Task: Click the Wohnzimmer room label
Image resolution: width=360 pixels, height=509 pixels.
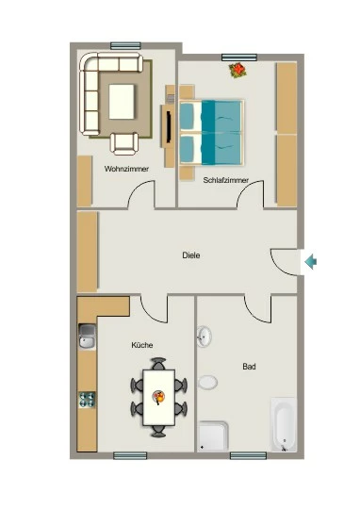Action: click(x=126, y=169)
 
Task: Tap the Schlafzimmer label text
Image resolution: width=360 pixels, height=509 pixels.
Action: click(x=226, y=180)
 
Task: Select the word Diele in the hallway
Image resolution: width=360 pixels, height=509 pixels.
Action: click(x=191, y=255)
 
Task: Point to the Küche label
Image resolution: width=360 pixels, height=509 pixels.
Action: click(x=142, y=345)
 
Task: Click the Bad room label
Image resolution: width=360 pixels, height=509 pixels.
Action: click(x=249, y=367)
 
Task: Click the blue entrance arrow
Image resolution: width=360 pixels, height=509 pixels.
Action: click(x=311, y=262)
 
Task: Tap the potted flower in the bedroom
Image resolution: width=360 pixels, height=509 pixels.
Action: click(x=237, y=70)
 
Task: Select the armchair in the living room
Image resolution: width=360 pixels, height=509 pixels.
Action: click(x=124, y=144)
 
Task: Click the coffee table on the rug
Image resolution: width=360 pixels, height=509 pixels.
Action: click(x=122, y=102)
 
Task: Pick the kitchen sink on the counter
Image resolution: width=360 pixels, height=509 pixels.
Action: click(x=88, y=337)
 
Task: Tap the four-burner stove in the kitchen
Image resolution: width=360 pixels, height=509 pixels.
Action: click(x=88, y=400)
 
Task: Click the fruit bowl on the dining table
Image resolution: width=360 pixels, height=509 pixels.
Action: click(x=159, y=398)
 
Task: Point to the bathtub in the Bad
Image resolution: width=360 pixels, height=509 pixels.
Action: click(x=284, y=424)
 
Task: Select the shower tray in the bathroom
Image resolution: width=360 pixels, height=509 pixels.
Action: click(x=213, y=436)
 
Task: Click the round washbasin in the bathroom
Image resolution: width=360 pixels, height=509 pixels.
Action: click(x=204, y=337)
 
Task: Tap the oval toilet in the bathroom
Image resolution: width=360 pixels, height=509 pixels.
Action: click(x=207, y=383)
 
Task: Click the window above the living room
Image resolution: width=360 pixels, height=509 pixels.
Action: click(x=125, y=46)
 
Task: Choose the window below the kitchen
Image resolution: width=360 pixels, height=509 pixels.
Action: click(x=130, y=456)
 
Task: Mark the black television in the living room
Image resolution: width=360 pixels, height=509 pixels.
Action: click(x=169, y=127)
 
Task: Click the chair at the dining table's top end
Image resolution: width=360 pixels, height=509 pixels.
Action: click(x=158, y=363)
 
